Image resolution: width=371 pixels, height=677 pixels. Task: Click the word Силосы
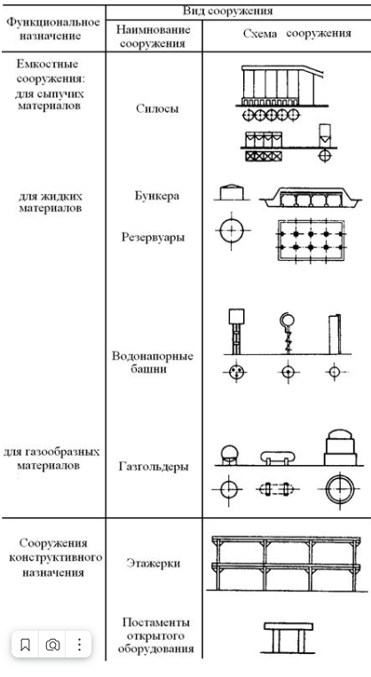pyautogui.click(x=157, y=109)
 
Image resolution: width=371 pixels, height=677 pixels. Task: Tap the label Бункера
pyautogui.click(x=156, y=196)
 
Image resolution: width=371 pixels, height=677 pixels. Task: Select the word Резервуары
pyautogui.click(x=153, y=238)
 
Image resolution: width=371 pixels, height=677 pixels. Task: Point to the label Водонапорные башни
pyautogui.click(x=153, y=363)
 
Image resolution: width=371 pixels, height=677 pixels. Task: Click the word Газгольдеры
pyautogui.click(x=154, y=467)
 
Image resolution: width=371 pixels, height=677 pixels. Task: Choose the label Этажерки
pyautogui.click(x=154, y=563)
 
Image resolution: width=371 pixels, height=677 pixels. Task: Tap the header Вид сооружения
pyautogui.click(x=227, y=11)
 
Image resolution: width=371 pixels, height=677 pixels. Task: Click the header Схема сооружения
pyautogui.click(x=296, y=34)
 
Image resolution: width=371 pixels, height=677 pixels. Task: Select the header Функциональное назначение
pyautogui.click(x=53, y=29)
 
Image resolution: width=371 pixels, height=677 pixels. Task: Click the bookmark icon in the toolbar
pyautogui.click(x=26, y=645)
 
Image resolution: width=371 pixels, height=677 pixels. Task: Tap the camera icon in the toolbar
pyautogui.click(x=52, y=645)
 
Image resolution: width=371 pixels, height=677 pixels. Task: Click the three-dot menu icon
pyautogui.click(x=79, y=645)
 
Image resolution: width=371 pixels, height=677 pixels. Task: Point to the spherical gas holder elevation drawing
pyautogui.click(x=229, y=455)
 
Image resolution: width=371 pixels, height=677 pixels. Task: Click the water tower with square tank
pyautogui.click(x=236, y=331)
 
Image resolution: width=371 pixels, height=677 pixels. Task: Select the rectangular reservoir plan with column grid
pyautogui.click(x=311, y=240)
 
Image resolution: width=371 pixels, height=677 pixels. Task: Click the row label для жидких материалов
pyautogui.click(x=50, y=202)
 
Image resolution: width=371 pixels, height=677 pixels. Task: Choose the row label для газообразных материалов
pyautogui.click(x=51, y=459)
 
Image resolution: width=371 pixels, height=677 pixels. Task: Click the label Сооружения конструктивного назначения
pyautogui.click(x=54, y=558)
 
